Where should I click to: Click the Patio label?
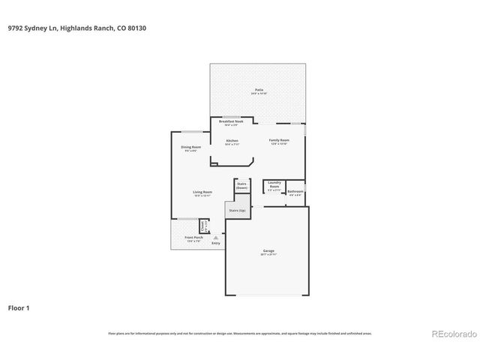coord(259,90)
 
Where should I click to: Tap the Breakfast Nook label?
coord(231,121)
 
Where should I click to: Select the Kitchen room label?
coord(232,142)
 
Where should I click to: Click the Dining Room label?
coord(191,148)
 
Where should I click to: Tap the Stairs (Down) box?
coord(241,185)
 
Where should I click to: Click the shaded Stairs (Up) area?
coord(237,211)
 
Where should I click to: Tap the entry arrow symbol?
coord(215,236)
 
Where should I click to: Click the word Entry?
coord(216,243)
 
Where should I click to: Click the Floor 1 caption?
coord(19,307)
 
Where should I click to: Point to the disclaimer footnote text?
coord(239,333)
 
